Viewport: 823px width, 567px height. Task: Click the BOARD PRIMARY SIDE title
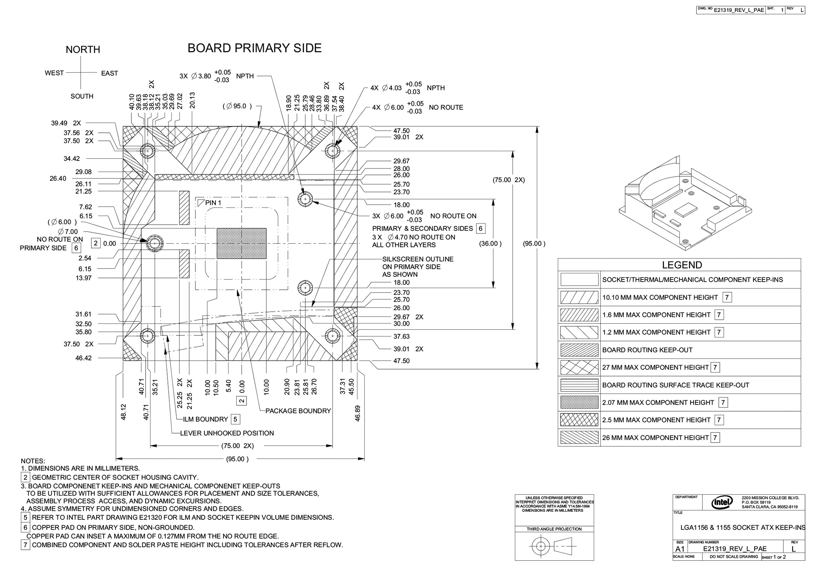[255, 48]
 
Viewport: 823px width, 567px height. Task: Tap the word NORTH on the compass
[83, 49]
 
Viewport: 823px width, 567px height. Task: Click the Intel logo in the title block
[722, 503]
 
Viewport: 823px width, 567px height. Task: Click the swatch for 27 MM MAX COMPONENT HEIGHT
[579, 367]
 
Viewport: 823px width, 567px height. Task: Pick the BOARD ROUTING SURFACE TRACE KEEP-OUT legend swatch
[579, 385]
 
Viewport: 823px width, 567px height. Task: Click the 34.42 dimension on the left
[72, 158]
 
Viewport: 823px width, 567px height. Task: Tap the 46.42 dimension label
[83, 358]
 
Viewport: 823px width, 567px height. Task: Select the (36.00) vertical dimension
[490, 244]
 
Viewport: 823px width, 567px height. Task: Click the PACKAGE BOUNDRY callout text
[298, 411]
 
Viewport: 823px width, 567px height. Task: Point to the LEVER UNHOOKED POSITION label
[227, 433]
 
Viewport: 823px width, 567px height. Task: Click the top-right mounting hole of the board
[332, 150]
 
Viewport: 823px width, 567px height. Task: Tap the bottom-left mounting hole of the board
[148, 335]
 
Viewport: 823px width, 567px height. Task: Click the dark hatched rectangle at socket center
[241, 243]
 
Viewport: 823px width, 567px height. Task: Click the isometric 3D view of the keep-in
[685, 203]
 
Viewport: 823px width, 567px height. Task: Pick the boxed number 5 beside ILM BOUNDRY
[236, 419]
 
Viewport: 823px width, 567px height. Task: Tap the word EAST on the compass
[109, 73]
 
